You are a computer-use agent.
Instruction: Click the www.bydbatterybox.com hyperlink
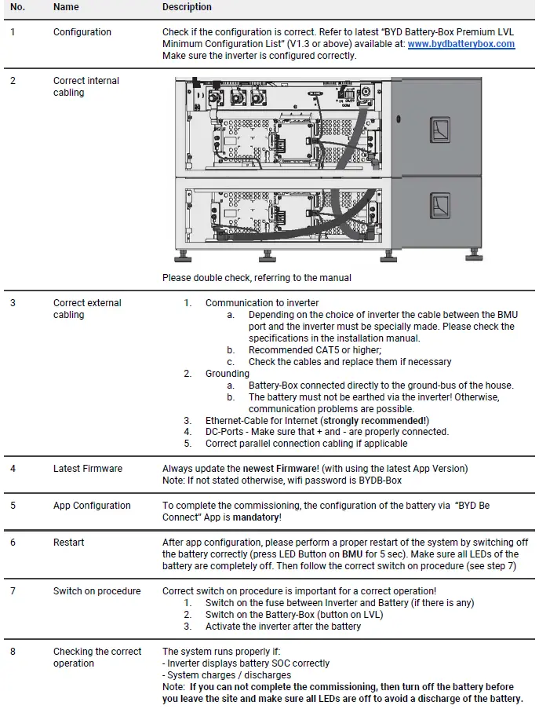pos(461,44)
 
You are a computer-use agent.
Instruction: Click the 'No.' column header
pos(17,7)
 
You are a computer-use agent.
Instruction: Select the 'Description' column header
pos(187,7)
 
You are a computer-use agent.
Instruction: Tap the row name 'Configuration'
pos(82,32)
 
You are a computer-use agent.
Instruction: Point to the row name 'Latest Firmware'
pos(88,469)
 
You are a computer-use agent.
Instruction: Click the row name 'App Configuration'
pos(92,506)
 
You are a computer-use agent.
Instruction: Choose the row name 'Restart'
pos(69,543)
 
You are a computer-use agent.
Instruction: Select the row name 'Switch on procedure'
pos(97,591)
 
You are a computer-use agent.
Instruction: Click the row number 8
pos(13,652)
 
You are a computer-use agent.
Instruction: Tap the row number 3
pos(13,303)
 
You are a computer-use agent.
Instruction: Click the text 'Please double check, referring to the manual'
pos(257,277)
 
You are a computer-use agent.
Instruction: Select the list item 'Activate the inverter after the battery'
pos(283,627)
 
